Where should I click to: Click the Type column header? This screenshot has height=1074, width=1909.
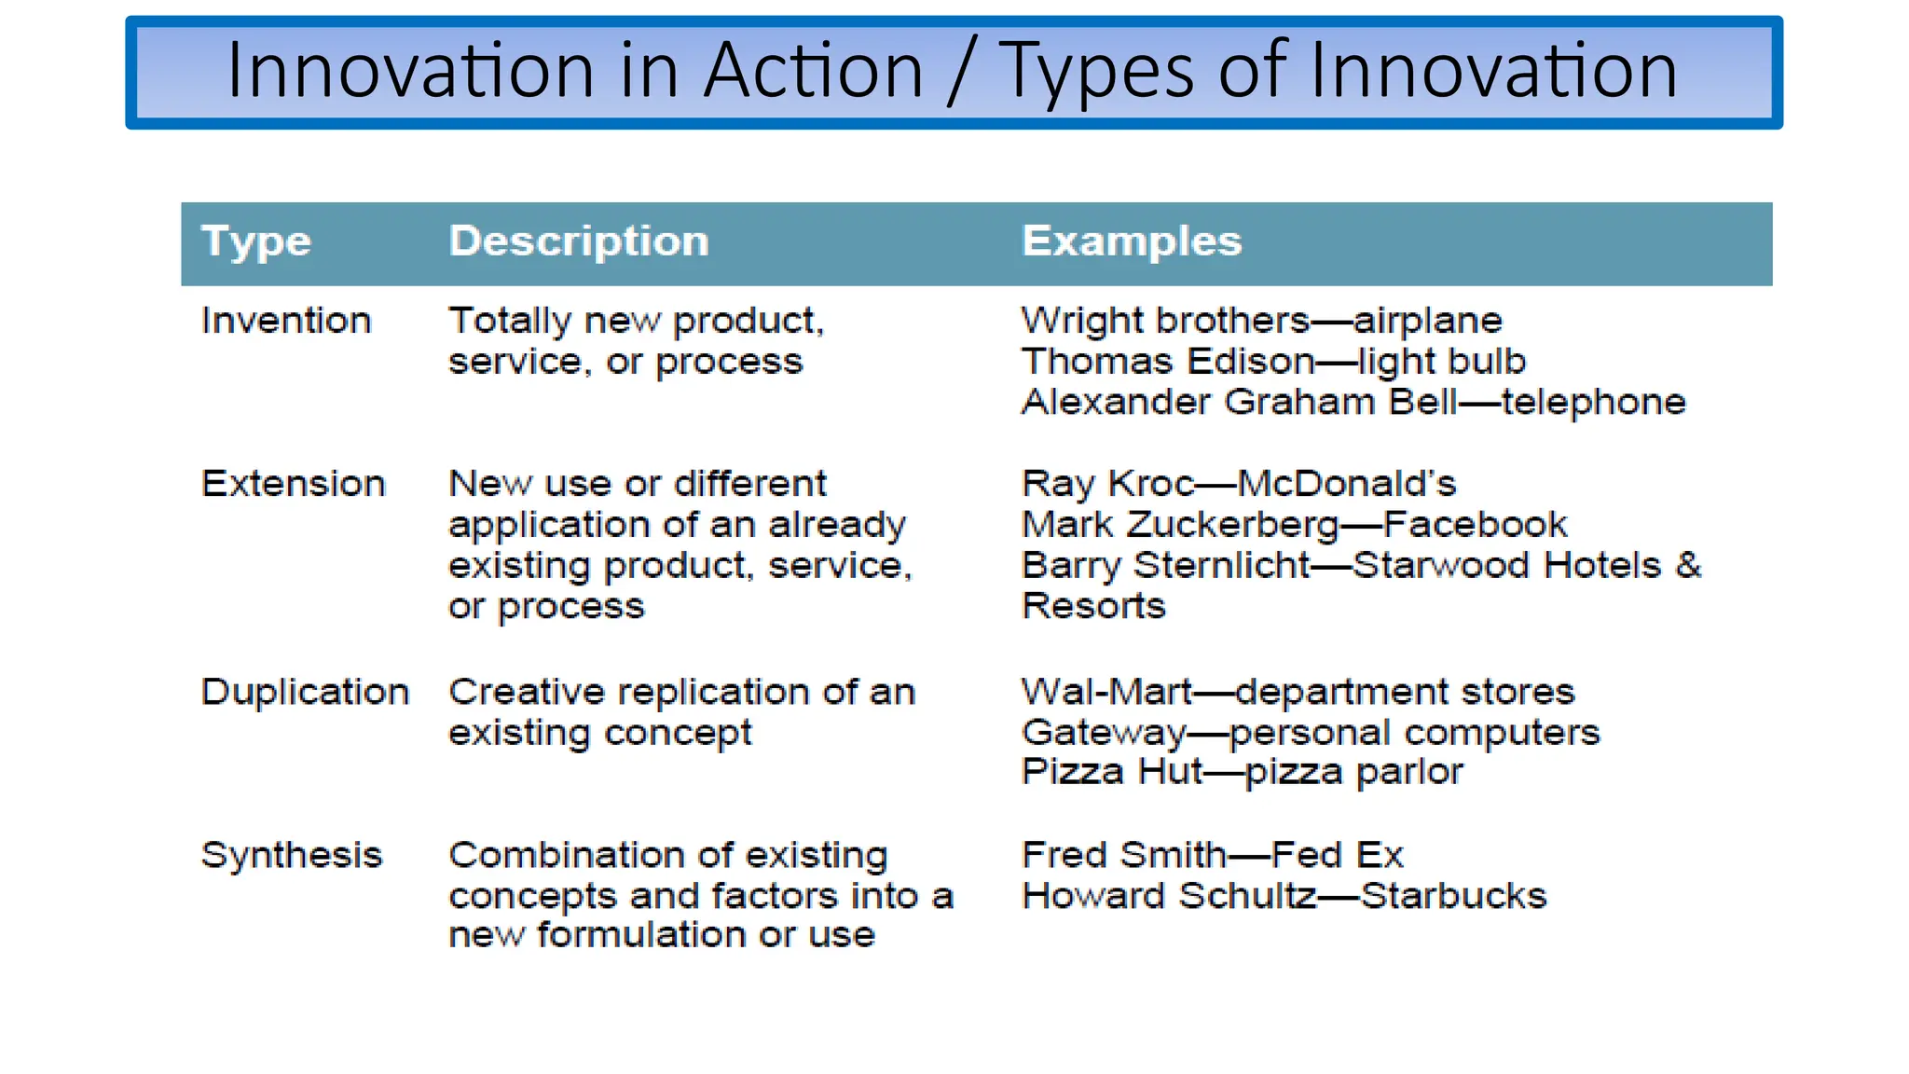click(x=255, y=242)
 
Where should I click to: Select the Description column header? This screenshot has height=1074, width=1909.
click(x=578, y=241)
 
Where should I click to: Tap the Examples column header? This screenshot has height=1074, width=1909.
click(x=1131, y=241)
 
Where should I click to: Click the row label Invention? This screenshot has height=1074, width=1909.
click(x=286, y=321)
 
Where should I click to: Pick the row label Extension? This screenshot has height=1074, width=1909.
click(x=293, y=484)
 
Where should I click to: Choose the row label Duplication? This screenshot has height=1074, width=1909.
click(x=305, y=692)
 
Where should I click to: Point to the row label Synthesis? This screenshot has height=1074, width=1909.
click(x=291, y=855)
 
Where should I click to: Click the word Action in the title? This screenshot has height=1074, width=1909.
click(x=813, y=71)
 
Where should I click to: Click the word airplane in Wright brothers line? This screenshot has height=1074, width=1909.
click(x=1427, y=322)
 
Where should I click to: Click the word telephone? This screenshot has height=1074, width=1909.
click(x=1593, y=403)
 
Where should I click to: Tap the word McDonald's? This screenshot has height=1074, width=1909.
click(x=1346, y=484)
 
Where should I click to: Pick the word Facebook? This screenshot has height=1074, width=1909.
click(x=1475, y=525)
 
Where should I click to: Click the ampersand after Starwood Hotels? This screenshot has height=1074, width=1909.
click(x=1687, y=565)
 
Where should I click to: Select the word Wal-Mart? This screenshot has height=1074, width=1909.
click(x=1106, y=692)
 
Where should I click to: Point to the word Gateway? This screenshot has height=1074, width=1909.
click(x=1104, y=733)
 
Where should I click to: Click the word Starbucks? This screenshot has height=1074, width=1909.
click(x=1453, y=896)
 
